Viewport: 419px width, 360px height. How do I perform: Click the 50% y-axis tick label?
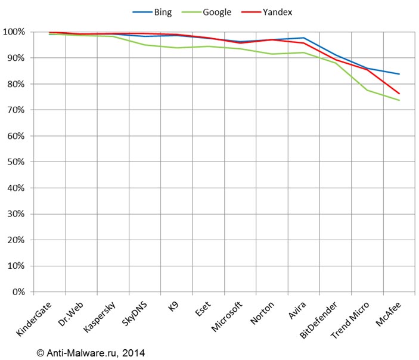pos(15,162)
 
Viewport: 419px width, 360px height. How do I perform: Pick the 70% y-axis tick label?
pos(15,110)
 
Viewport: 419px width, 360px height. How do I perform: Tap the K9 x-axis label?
pos(173,308)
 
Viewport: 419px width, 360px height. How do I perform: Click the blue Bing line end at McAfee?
pos(399,74)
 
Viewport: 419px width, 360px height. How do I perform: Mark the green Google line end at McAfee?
pos(399,100)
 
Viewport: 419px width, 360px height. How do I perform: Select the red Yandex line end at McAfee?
pos(399,94)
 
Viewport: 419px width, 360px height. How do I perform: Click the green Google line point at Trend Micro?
pos(367,90)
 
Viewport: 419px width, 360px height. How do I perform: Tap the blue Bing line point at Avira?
pos(303,38)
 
